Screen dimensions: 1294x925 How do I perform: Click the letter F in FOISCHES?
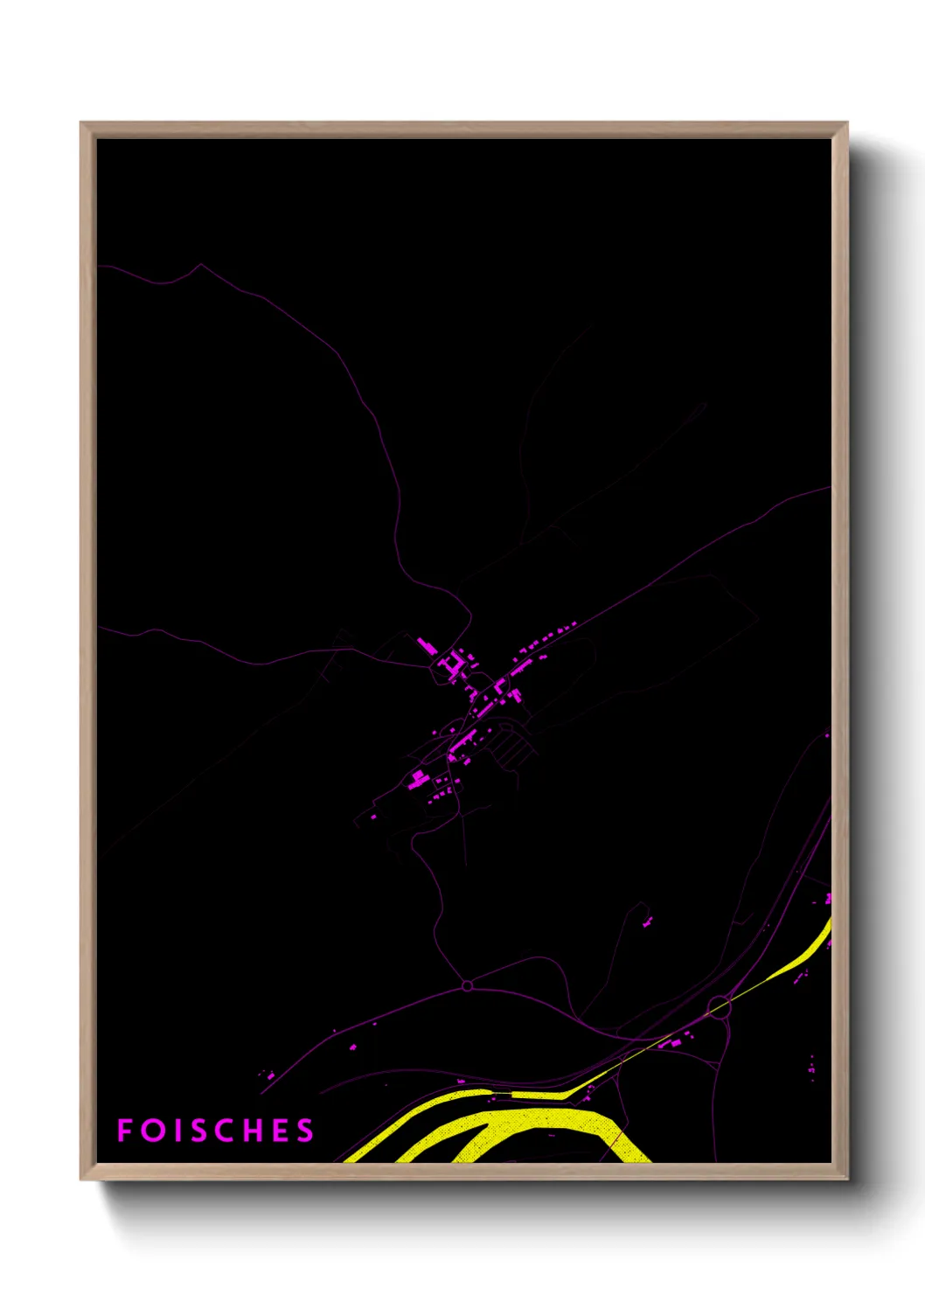click(x=124, y=1131)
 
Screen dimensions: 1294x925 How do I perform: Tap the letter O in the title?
click(x=154, y=1131)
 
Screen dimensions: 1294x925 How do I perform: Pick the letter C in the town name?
click(x=227, y=1131)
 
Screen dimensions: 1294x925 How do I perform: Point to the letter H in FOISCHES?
click(x=254, y=1131)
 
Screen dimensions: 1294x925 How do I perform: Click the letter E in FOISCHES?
click(x=282, y=1131)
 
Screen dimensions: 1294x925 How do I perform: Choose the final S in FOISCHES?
click(x=305, y=1131)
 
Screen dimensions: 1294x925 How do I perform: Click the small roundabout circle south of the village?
click(x=467, y=986)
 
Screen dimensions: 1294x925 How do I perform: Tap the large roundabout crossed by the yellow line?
click(x=719, y=1007)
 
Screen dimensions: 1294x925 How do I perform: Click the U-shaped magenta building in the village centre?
click(x=452, y=667)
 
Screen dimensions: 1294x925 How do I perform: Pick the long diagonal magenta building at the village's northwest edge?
click(x=427, y=646)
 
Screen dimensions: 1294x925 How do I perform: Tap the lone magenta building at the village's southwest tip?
click(x=373, y=817)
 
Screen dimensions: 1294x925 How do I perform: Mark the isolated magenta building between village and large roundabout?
click(x=648, y=921)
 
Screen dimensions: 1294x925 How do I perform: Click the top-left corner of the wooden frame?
click(x=81, y=123)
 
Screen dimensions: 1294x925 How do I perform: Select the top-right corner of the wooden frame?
click(x=847, y=123)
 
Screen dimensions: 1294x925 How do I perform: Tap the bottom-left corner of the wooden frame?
click(x=81, y=1179)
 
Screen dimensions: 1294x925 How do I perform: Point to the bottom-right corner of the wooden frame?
click(x=847, y=1179)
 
